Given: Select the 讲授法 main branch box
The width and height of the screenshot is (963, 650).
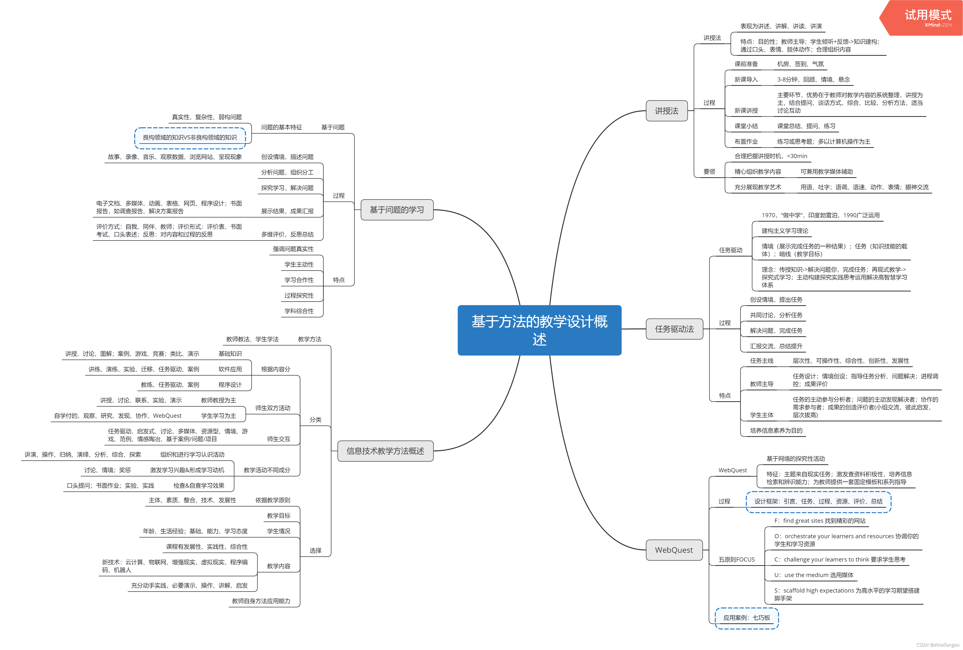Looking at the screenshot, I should [x=666, y=111].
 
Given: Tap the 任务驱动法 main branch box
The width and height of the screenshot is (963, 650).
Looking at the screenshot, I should [x=674, y=329].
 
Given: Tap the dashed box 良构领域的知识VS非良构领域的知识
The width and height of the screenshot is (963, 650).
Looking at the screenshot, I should [x=190, y=137].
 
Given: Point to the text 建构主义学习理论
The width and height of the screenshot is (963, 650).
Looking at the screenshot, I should [x=785, y=231].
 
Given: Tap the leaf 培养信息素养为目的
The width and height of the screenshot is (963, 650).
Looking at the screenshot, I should [x=776, y=430].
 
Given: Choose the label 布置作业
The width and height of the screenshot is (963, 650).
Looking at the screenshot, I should [x=746, y=142].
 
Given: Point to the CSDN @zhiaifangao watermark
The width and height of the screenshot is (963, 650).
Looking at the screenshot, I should [x=937, y=645].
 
